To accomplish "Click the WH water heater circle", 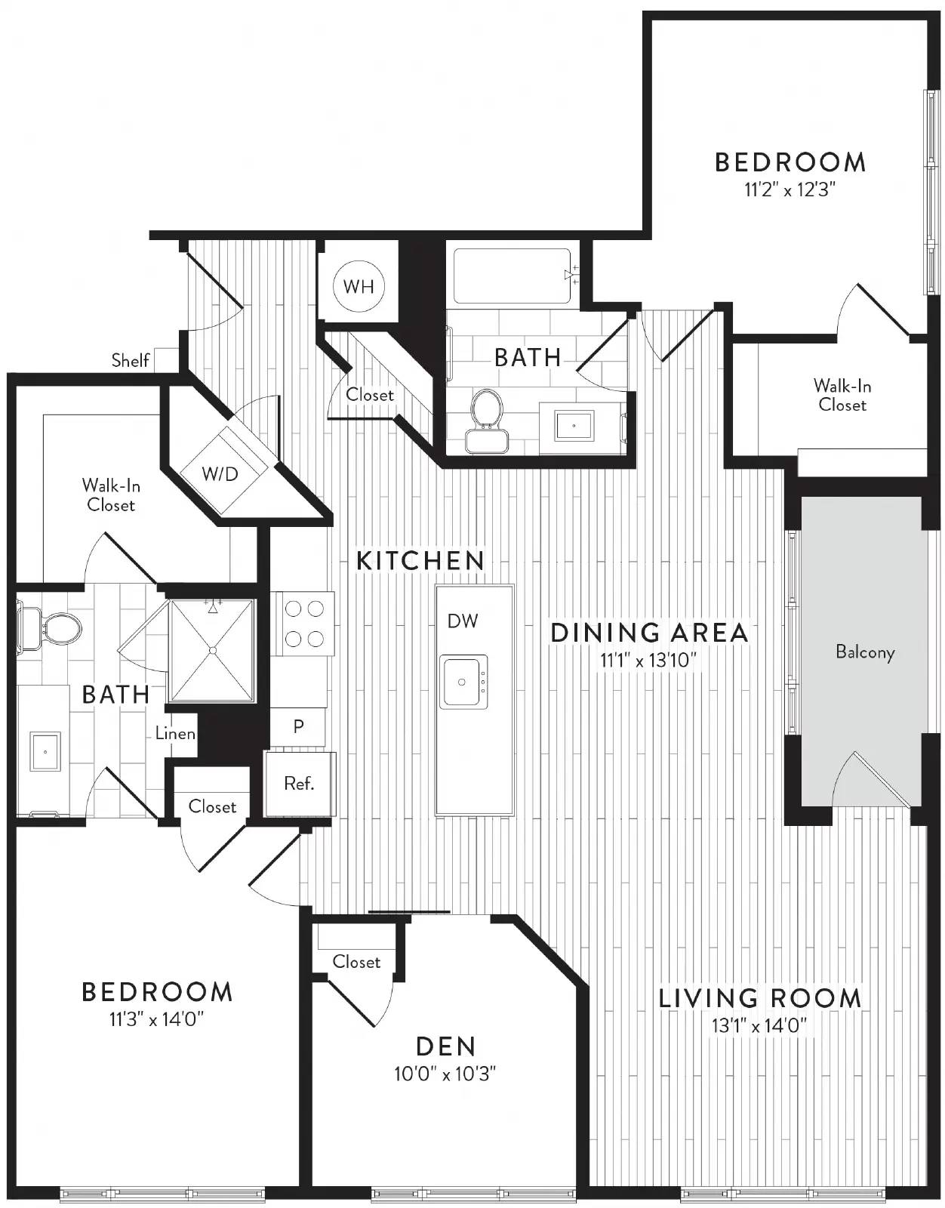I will click(359, 286).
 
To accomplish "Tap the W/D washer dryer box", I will click(220, 473).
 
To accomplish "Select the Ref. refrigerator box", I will click(300, 784).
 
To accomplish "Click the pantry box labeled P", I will click(299, 726).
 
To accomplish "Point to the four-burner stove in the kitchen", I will click(303, 624).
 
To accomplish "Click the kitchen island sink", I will click(463, 681).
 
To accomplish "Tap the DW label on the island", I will click(463, 621).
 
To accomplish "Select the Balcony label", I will click(865, 652).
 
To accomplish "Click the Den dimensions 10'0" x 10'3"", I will click(445, 1074).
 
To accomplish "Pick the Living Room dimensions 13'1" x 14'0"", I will click(759, 1025).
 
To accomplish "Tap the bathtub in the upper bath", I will click(513, 276).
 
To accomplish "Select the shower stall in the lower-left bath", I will click(213, 650).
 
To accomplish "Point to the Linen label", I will click(175, 733).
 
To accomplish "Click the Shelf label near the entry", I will click(131, 360).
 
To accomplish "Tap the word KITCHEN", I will click(420, 561).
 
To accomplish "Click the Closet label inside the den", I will click(356, 962).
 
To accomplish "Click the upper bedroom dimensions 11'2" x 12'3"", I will click(789, 189).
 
